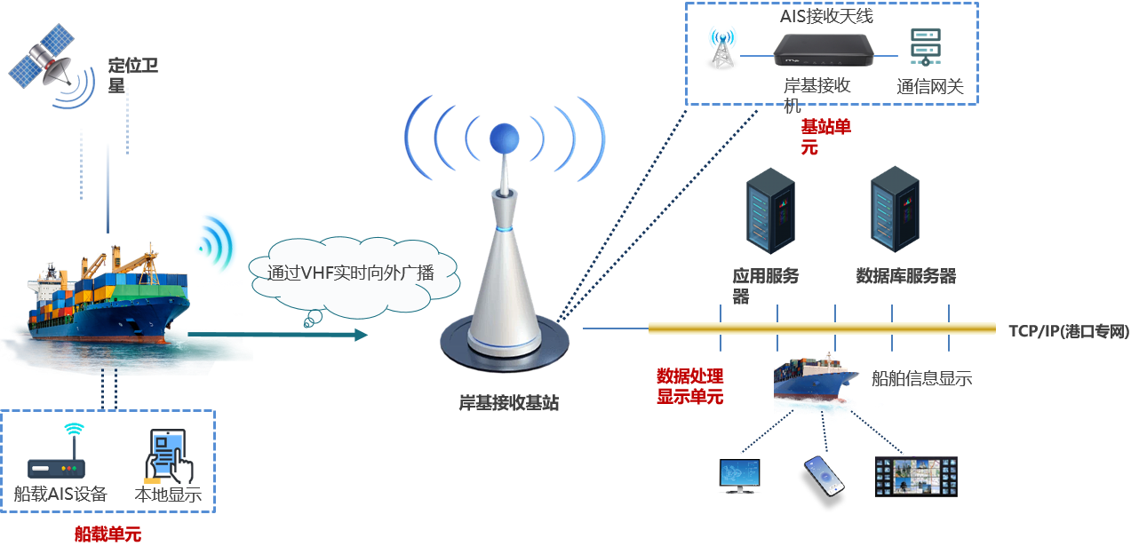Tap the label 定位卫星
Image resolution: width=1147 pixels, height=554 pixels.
[132, 75]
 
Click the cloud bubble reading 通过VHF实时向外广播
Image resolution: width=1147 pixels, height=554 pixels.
[354, 274]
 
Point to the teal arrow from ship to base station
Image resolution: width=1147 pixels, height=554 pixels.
[277, 335]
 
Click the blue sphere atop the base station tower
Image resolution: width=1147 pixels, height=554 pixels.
[505, 138]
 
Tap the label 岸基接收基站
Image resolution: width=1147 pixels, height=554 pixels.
[508, 403]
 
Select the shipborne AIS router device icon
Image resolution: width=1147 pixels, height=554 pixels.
[56, 453]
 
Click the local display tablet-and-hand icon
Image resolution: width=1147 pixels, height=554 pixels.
[169, 456]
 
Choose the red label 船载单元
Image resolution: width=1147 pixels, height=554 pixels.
[108, 534]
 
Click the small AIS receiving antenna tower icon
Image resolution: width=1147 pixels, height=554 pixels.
[722, 48]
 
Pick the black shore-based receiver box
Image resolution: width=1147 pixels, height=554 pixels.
[824, 50]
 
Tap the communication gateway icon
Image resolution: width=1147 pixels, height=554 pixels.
[925, 47]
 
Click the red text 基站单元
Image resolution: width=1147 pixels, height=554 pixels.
[825, 137]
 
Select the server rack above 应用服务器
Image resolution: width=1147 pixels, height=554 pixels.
[770, 210]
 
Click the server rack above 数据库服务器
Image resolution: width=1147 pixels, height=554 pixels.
[895, 209]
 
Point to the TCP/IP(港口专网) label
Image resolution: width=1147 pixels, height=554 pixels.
[1069, 331]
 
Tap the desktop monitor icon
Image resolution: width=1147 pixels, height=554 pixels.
[739, 476]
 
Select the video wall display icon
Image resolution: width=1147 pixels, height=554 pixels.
[916, 477]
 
